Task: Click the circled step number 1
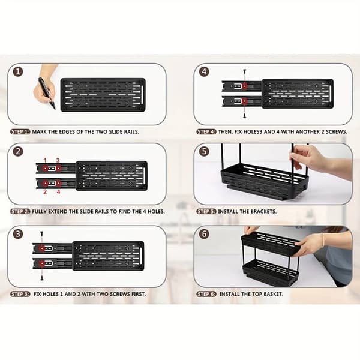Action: coord(18,71)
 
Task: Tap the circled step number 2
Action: coord(18,152)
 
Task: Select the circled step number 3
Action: coord(18,234)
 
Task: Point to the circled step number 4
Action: coord(204,71)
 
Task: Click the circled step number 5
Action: coord(204,152)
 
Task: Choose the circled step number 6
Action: coord(204,234)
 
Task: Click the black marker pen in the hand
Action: coord(47,93)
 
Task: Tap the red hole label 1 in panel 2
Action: coord(45,160)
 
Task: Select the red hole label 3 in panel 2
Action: coord(58,160)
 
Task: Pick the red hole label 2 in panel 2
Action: coord(45,192)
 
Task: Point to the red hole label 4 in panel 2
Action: coord(59,192)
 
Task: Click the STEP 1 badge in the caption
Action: coord(20,132)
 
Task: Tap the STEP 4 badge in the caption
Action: coord(206,132)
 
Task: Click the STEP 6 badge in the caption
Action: coord(206,294)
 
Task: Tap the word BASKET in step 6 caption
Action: coord(273,294)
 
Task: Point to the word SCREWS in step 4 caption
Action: coord(337,132)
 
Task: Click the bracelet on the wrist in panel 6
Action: coord(323,240)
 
